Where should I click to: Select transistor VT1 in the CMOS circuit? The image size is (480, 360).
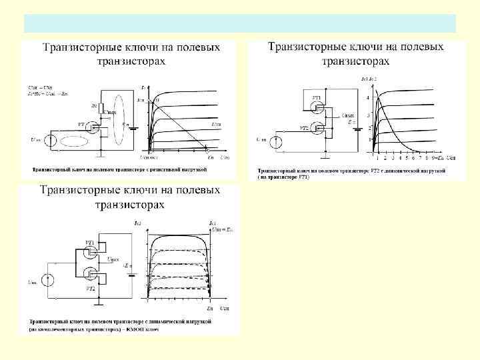[x=91, y=251]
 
